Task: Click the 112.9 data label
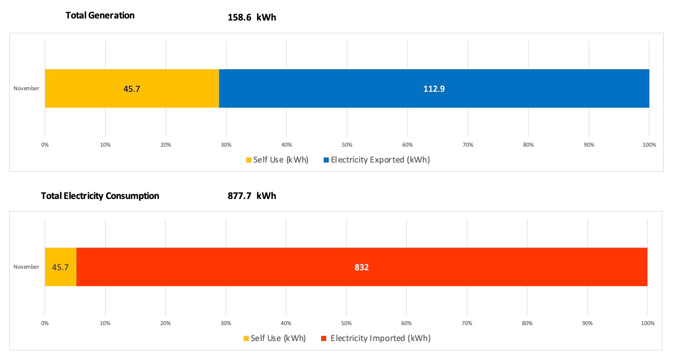click(434, 89)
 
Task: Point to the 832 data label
click(362, 267)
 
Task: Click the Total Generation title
click(100, 15)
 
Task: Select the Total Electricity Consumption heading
click(100, 196)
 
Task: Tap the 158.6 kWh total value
click(252, 17)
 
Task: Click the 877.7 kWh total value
click(252, 196)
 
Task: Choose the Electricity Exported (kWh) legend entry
click(377, 159)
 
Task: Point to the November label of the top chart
click(26, 88)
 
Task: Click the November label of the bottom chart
click(26, 267)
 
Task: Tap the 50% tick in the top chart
click(347, 145)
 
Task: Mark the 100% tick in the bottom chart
click(648, 323)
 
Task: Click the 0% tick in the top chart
click(45, 145)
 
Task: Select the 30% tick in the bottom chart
click(226, 323)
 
